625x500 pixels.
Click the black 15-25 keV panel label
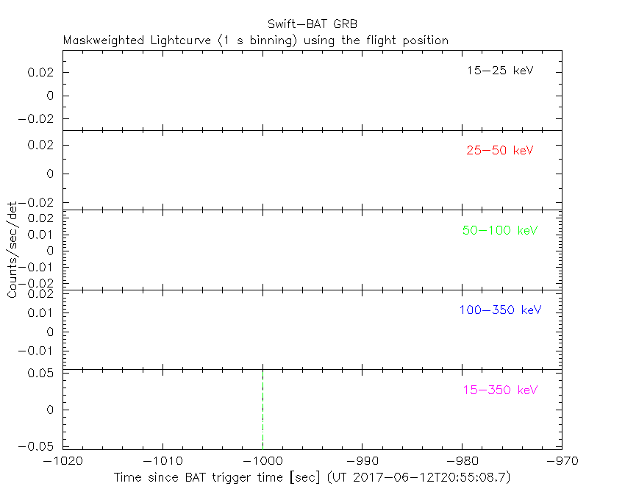(499, 71)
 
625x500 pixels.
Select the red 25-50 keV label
(499, 151)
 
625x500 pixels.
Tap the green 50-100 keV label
(500, 230)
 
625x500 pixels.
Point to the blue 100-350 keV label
(500, 310)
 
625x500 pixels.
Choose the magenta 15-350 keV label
(500, 390)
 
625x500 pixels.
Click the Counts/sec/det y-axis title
(12, 249)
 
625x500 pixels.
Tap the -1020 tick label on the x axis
(63, 461)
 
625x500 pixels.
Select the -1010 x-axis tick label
(162, 461)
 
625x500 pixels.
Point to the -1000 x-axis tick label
(262, 461)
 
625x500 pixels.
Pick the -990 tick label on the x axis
(362, 461)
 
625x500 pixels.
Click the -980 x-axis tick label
(462, 461)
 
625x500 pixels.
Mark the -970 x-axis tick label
(562, 461)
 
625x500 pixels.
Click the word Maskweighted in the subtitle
(104, 40)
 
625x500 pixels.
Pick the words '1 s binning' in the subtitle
(260, 40)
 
